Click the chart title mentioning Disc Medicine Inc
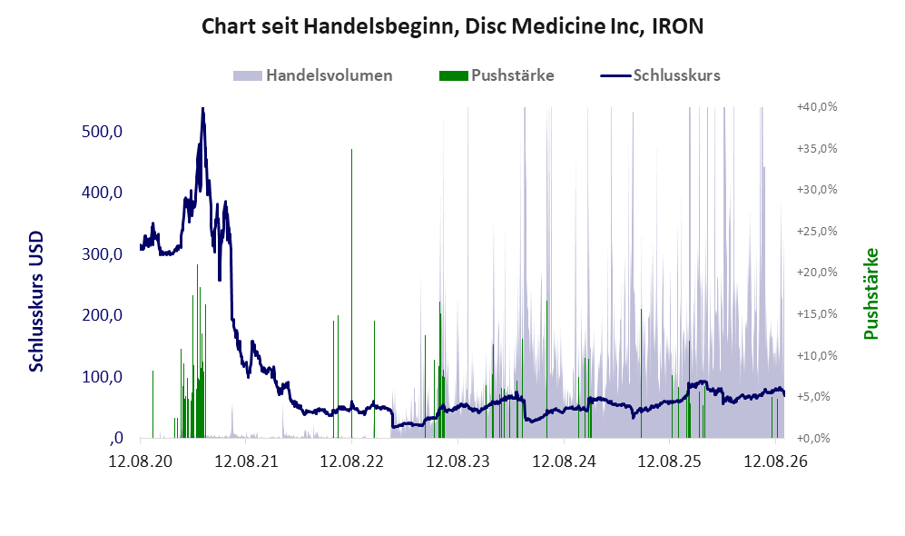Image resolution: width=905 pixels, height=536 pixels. point(452,26)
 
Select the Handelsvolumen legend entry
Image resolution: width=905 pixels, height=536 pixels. point(313,75)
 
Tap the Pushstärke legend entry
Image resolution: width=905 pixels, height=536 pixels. point(497,75)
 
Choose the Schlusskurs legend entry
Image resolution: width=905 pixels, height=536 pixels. point(660,75)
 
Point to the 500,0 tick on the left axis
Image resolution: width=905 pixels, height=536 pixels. point(103,132)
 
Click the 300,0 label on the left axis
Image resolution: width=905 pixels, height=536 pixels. point(103,254)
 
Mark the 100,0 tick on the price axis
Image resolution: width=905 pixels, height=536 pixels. point(103,377)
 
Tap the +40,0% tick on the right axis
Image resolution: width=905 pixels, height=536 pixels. point(817,107)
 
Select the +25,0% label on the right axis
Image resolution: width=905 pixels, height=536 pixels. point(817,231)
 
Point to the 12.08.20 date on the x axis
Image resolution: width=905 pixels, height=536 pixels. point(141,462)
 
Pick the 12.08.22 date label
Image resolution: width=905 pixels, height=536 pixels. point(352,462)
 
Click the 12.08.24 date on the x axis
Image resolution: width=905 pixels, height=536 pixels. point(564,462)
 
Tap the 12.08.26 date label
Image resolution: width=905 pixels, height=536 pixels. point(776,462)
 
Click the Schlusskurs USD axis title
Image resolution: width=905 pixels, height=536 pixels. point(36,301)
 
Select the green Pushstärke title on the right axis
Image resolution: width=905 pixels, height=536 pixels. point(871,294)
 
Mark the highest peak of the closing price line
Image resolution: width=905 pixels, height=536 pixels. point(202,109)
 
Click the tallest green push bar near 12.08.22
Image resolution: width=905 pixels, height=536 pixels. point(351,293)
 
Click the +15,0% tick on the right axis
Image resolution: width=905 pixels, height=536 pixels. point(817,313)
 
